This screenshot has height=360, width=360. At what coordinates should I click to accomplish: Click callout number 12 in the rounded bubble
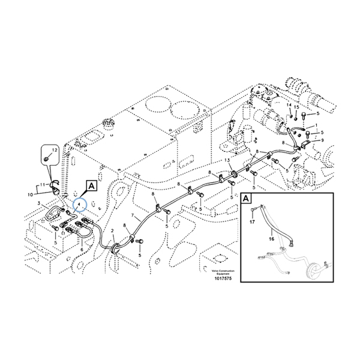pos(53,149)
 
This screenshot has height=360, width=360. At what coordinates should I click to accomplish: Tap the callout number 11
pos(42,184)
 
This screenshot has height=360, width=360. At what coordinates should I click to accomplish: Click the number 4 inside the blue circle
pos(79,205)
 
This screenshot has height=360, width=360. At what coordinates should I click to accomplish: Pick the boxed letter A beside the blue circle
pos(91,187)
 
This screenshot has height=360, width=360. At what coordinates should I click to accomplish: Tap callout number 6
pos(82,249)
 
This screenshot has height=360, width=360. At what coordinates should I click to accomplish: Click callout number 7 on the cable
pos(133,215)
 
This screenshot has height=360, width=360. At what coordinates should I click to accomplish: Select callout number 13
pos(227,161)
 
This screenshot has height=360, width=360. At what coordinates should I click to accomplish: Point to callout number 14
pos(288,106)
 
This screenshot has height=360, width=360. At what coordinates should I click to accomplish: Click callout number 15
pos(296,107)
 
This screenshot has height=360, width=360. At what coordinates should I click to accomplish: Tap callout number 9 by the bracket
pos(322,140)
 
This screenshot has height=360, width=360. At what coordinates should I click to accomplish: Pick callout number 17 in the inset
pos(252,221)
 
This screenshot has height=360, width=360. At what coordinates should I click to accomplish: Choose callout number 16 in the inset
pos(271,238)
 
